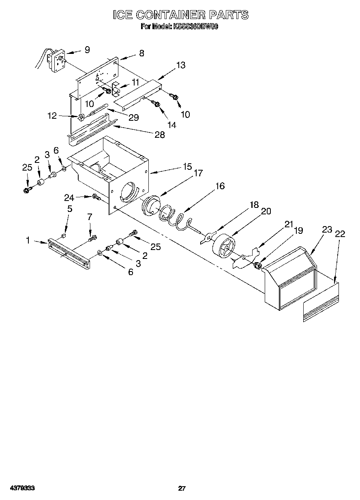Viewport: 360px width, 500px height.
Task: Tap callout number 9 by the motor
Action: (87, 50)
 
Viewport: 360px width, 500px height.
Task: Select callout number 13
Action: (181, 65)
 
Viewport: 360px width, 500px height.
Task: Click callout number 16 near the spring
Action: (220, 186)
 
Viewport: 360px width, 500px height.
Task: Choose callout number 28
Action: (160, 135)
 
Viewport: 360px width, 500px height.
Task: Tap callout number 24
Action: (69, 198)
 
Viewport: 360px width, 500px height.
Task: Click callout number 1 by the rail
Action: (28, 240)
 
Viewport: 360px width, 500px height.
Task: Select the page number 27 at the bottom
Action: (182, 488)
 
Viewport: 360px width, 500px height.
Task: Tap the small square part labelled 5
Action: (63, 235)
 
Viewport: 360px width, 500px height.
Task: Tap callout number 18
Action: (254, 205)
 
